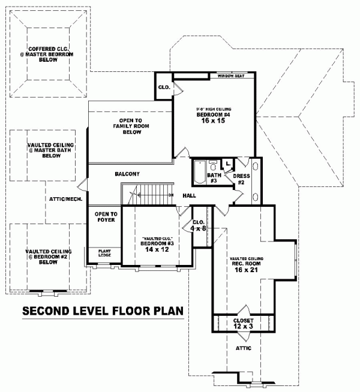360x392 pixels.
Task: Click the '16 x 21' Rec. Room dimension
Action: (x=247, y=269)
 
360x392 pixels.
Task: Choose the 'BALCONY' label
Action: (x=127, y=174)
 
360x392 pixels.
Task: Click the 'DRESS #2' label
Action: (x=241, y=179)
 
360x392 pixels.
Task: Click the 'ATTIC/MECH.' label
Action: (x=66, y=199)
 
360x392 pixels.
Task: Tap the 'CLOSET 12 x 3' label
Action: (x=243, y=324)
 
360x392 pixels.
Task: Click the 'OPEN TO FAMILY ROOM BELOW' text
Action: (x=133, y=126)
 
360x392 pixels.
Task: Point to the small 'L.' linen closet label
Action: (x=229, y=163)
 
